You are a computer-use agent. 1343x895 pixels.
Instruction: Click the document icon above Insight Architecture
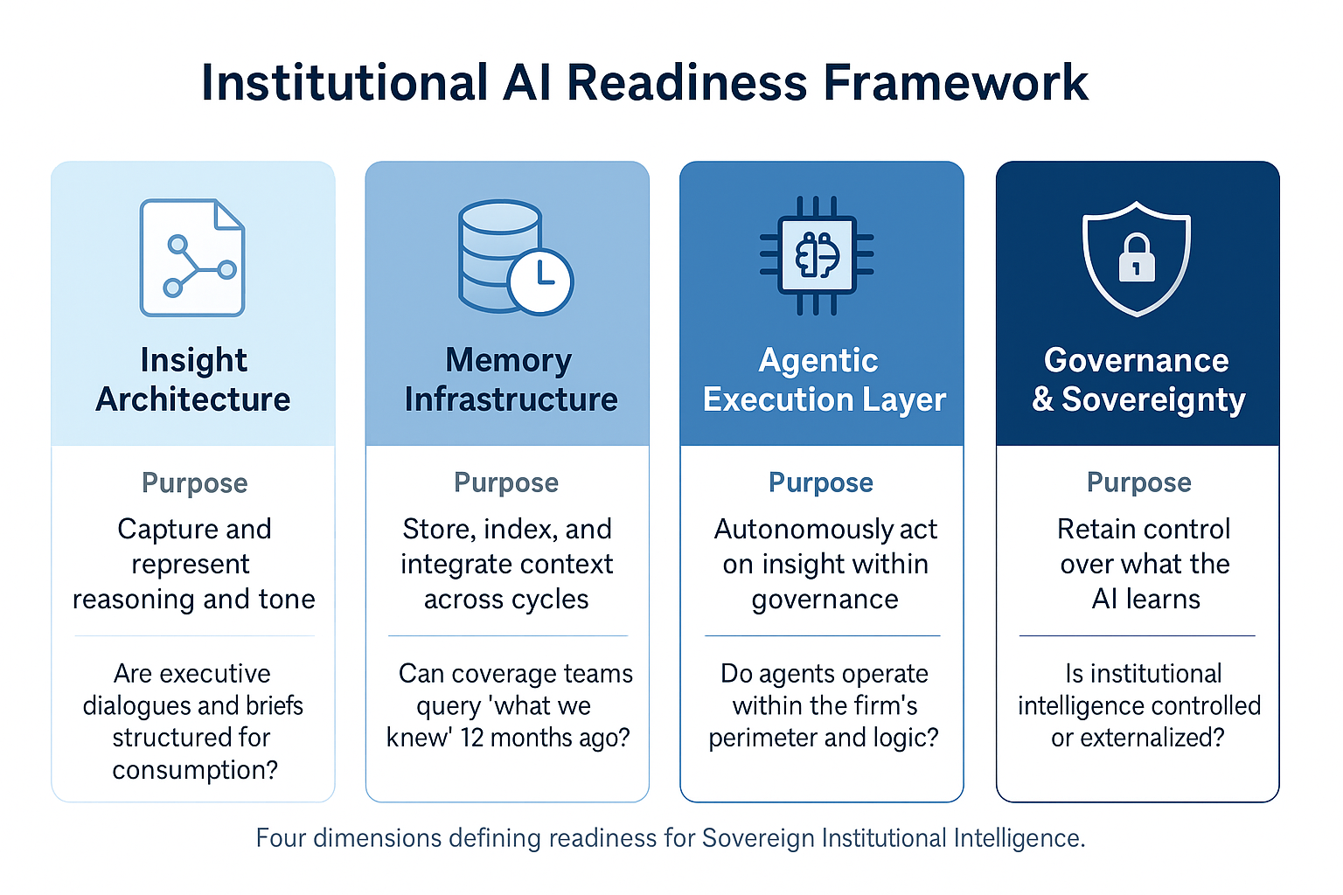192,258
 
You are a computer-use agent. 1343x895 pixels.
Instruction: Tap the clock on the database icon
540,281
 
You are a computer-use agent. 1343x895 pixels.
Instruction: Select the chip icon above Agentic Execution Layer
817,255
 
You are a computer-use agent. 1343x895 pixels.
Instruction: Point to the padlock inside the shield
1137,259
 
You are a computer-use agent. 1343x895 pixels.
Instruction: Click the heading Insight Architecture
193,379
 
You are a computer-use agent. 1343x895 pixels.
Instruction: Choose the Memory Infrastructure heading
510,379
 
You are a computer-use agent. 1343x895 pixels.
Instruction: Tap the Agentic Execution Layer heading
824,379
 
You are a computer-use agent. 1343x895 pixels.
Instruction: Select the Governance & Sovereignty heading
1138,379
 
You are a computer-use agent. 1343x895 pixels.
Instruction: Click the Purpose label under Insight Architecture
194,482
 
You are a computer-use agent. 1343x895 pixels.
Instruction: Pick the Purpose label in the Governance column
1138,482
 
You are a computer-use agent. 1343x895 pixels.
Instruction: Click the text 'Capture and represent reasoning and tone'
193,564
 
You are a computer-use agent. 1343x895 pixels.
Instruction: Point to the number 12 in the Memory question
472,738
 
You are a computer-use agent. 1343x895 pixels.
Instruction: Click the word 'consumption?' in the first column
194,770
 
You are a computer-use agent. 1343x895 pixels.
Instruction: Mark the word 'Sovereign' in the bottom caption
759,838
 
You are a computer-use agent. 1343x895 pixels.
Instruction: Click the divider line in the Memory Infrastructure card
507,635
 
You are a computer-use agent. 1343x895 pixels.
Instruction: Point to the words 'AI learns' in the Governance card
1145,599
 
